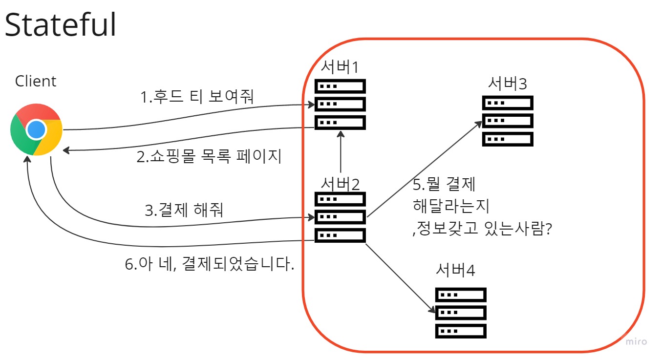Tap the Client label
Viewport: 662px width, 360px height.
[x=36, y=81]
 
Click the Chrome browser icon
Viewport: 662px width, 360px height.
[x=36, y=129]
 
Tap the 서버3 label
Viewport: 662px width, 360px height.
[x=508, y=84]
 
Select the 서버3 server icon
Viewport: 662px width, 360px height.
[x=508, y=121]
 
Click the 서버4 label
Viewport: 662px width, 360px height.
[x=456, y=270]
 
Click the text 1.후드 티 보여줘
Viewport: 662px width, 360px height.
[x=197, y=97]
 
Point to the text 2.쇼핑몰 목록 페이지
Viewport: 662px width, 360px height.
[x=209, y=157]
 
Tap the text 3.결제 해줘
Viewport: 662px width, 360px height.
[x=184, y=211]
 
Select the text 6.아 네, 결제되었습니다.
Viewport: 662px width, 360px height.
[x=210, y=264]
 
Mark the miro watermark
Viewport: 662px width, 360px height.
[x=636, y=341]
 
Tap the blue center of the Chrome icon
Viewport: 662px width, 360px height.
[x=36, y=129]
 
